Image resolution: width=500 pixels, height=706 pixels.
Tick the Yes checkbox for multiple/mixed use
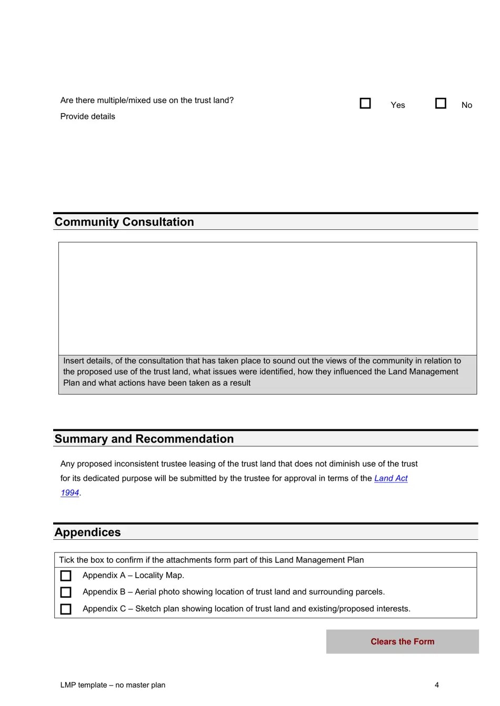(x=365, y=103)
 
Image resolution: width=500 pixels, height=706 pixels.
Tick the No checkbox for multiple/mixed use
(x=441, y=103)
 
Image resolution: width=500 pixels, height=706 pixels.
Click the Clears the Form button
(x=402, y=641)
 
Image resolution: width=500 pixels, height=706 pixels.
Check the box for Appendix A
(x=66, y=576)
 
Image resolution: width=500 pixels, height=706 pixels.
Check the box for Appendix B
(x=66, y=592)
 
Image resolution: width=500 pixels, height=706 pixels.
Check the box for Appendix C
(x=66, y=609)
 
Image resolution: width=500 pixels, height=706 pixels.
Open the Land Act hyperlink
(x=391, y=478)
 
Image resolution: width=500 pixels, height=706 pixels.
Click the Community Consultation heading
(x=124, y=222)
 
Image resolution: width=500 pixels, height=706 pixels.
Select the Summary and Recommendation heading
(x=144, y=439)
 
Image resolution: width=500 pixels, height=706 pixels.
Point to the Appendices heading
(x=88, y=532)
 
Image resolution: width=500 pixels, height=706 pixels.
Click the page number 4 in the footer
(x=437, y=685)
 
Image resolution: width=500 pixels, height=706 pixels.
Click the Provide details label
(x=88, y=116)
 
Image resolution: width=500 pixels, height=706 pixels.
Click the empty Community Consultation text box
(x=267, y=298)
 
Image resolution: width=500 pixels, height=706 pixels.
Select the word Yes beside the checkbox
(x=398, y=105)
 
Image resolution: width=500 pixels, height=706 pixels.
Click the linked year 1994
(x=69, y=493)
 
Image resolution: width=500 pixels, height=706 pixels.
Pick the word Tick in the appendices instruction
(x=66, y=560)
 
